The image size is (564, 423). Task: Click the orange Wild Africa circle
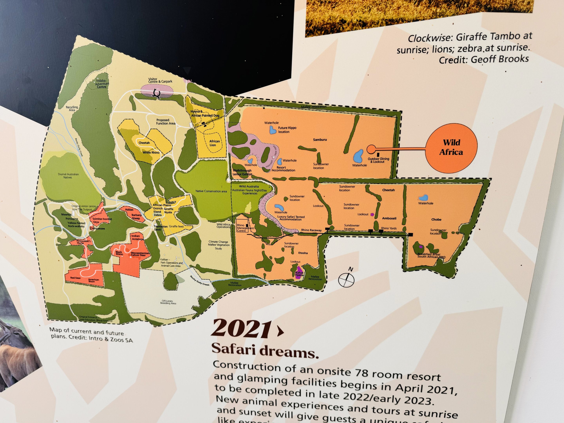tap(451, 148)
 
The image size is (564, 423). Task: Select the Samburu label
tap(320, 140)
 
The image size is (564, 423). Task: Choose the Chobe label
tap(436, 220)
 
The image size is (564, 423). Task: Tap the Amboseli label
tap(389, 218)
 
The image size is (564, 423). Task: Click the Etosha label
tap(303, 253)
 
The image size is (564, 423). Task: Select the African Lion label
tap(214, 143)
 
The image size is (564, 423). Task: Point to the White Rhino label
tap(151, 153)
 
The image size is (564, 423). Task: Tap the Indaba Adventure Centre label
tap(102, 84)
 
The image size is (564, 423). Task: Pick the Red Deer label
tap(75, 278)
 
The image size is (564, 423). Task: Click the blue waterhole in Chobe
tap(423, 198)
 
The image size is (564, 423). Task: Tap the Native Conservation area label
tap(211, 191)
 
